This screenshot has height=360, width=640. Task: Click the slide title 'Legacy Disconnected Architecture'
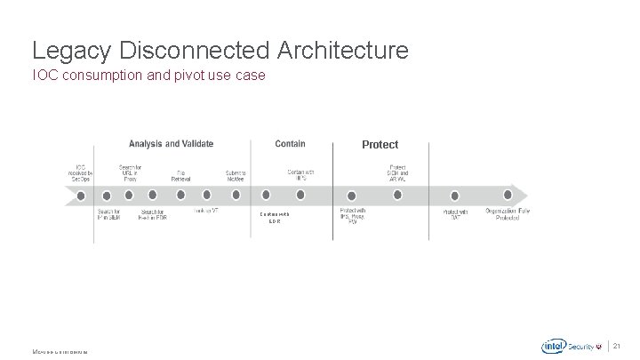coord(220,49)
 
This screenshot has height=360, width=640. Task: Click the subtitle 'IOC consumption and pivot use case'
coord(148,76)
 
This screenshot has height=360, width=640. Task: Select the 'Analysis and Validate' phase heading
coord(171,143)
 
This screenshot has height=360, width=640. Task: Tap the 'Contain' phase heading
coord(291,143)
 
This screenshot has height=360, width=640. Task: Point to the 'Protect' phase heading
coord(380,144)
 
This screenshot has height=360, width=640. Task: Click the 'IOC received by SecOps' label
coord(81,172)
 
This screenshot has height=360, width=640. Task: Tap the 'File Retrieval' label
coord(180,175)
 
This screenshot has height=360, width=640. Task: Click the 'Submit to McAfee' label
coord(236,175)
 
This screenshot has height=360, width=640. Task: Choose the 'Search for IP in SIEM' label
coord(108,214)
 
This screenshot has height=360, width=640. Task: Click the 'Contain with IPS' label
coord(301,175)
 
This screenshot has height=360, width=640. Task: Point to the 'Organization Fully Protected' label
coord(508,214)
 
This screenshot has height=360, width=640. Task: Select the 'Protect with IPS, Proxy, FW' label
coord(352,216)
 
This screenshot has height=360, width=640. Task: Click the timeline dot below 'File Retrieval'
coord(180,195)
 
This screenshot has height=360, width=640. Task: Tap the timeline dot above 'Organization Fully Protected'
coord(508,195)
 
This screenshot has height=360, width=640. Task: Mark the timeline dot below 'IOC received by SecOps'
coord(81,195)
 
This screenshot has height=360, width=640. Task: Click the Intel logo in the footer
coord(555,346)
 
